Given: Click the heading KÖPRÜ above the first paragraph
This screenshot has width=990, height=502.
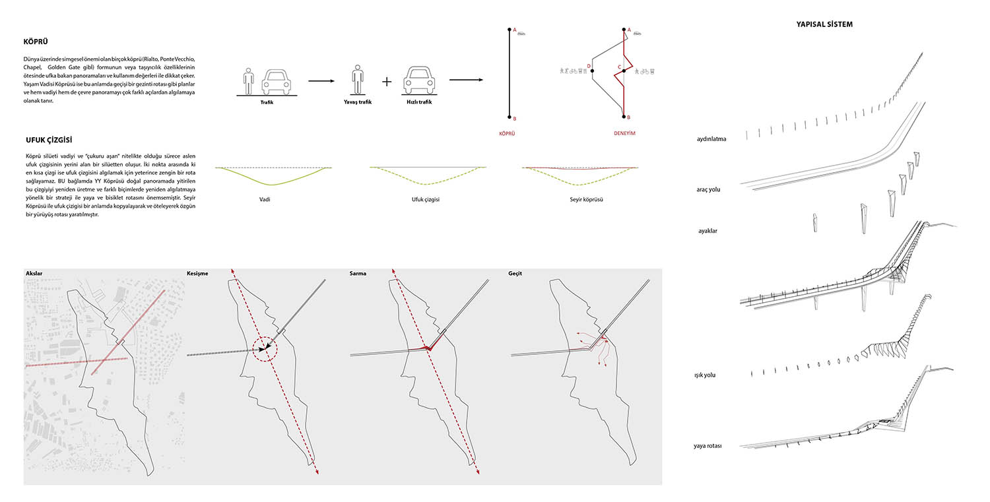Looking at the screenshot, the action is point(36,42).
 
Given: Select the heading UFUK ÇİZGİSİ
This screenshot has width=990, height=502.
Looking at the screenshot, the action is point(49,140).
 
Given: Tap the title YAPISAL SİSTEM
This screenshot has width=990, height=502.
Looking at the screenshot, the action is point(824,24).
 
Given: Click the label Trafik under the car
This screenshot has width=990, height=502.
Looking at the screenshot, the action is point(267,102).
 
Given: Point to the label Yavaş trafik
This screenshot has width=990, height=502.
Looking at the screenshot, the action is point(358,102).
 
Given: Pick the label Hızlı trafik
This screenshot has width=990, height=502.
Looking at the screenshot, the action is point(419,102).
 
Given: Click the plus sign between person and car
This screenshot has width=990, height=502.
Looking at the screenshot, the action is point(387,81).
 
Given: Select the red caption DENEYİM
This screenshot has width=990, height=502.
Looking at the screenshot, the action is point(624,133).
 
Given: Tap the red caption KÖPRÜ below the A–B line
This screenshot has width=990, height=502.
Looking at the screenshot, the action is point(507,133).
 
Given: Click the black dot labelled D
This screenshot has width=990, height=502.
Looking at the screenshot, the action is point(592,71).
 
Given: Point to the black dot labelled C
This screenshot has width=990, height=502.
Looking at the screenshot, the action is point(624,71).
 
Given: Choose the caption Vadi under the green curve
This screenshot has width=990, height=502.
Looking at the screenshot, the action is point(264,199).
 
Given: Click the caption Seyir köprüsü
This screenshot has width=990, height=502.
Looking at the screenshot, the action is point(586,199).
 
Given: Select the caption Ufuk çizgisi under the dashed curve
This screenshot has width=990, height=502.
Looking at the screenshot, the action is point(425,199).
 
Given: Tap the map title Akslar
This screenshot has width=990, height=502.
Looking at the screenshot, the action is point(34,274).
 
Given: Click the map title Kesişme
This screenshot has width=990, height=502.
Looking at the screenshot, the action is point(197,274).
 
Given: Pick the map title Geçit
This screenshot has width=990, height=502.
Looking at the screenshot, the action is point(515,274).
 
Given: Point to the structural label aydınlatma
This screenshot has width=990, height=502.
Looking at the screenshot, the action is point(711,139).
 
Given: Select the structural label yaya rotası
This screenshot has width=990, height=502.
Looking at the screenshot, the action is point(708,446).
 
